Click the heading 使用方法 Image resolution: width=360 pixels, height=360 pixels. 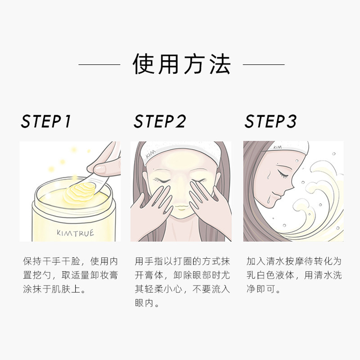(x=181, y=64)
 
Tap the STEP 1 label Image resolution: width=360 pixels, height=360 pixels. (x=46, y=121)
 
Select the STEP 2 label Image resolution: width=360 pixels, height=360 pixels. (x=160, y=121)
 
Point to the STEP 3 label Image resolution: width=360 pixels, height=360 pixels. (x=270, y=121)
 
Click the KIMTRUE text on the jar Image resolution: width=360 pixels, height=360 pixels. (x=76, y=233)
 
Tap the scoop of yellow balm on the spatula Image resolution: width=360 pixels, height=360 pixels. (x=80, y=191)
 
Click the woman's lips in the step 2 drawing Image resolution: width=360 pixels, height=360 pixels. (x=181, y=208)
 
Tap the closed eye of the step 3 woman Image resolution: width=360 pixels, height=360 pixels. (x=283, y=174)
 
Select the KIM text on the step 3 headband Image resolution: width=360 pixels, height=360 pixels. (x=278, y=147)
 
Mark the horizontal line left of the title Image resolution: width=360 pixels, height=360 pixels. (x=99, y=64)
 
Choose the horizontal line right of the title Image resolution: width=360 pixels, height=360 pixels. (x=264, y=64)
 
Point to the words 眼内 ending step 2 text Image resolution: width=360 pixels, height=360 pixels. (x=144, y=303)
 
